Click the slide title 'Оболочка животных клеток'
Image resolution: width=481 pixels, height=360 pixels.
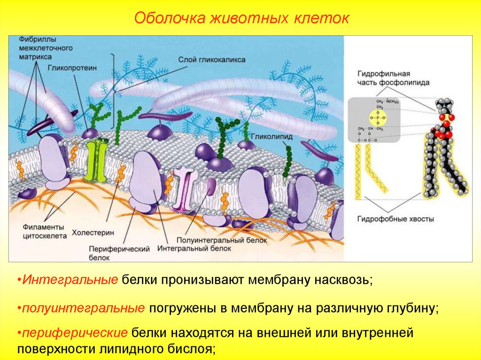click(x=241, y=19)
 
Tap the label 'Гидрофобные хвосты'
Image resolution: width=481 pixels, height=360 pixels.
click(x=396, y=219)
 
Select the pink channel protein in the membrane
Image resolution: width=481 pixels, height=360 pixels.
click(x=183, y=188)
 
